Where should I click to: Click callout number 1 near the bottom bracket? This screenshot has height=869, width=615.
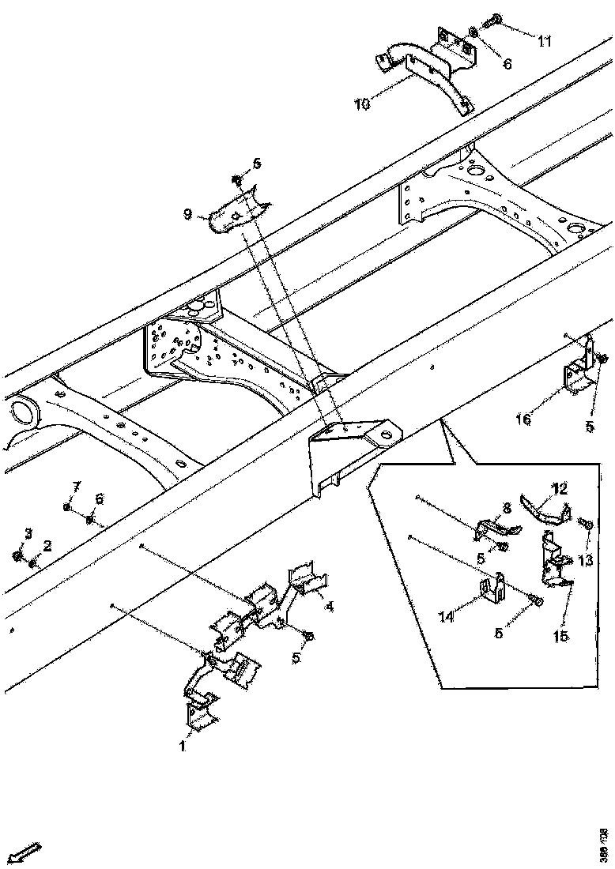182,745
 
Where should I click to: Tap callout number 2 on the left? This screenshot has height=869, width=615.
47,545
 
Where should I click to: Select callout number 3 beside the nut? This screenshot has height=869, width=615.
28,534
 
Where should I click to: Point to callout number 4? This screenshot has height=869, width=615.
328,607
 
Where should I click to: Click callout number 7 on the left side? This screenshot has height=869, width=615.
77,484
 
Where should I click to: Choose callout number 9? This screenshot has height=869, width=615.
187,213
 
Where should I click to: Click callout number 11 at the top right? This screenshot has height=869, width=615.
544,40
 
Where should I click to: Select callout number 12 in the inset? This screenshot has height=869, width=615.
560,489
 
